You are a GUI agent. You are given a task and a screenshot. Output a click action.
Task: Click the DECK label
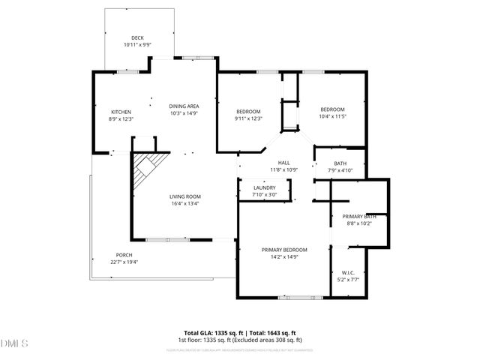click(x=137, y=38)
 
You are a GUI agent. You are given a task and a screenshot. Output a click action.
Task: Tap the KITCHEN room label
click(x=121, y=112)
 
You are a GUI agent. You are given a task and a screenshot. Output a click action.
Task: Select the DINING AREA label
click(x=184, y=106)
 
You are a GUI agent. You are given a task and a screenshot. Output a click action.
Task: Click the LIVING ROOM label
click(x=184, y=196)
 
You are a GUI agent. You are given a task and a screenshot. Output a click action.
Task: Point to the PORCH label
click(x=124, y=255)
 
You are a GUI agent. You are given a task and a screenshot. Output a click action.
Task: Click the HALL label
click(x=284, y=163)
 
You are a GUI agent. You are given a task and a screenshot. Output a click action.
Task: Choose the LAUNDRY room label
click(x=265, y=188)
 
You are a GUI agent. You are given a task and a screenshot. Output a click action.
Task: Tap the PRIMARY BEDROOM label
click(x=284, y=250)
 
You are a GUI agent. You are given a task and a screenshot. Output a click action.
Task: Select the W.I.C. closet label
click(x=349, y=273)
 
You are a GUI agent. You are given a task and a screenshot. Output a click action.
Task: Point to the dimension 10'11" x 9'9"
click(x=137, y=45)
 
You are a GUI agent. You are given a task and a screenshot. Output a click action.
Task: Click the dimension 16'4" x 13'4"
click(x=184, y=203)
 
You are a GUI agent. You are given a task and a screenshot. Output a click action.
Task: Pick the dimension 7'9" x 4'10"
click(x=340, y=170)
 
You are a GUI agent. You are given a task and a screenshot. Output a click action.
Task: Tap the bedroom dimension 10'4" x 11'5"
click(x=333, y=116)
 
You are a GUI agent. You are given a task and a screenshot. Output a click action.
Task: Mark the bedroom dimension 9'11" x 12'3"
click(x=248, y=118)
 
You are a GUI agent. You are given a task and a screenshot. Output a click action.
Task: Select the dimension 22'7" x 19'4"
click(x=124, y=262)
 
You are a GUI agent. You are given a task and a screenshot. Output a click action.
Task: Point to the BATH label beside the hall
click(x=340, y=163)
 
